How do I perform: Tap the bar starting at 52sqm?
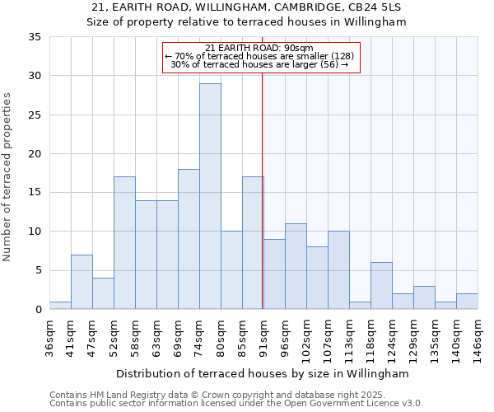pos(124,243)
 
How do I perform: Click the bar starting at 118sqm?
pos(381,286)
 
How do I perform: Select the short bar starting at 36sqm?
pos(60,305)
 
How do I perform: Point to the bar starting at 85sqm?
pos(253,243)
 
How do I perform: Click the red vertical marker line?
pos(262,190)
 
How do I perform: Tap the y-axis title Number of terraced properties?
pos(7,177)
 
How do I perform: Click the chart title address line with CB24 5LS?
pos(247,7)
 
